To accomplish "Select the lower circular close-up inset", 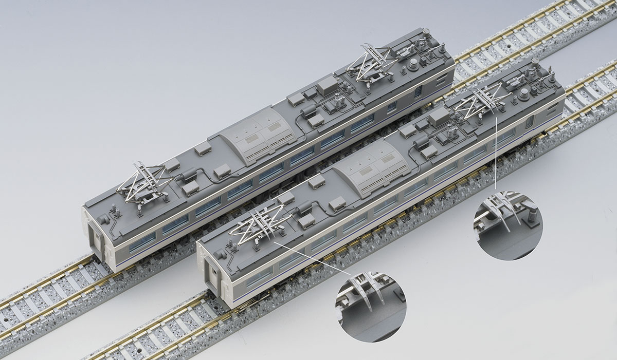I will [x=370, y=307].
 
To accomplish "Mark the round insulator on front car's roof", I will [x=523, y=93].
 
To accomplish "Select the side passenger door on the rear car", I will [x=419, y=91].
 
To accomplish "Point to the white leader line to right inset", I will [x=495, y=154].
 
